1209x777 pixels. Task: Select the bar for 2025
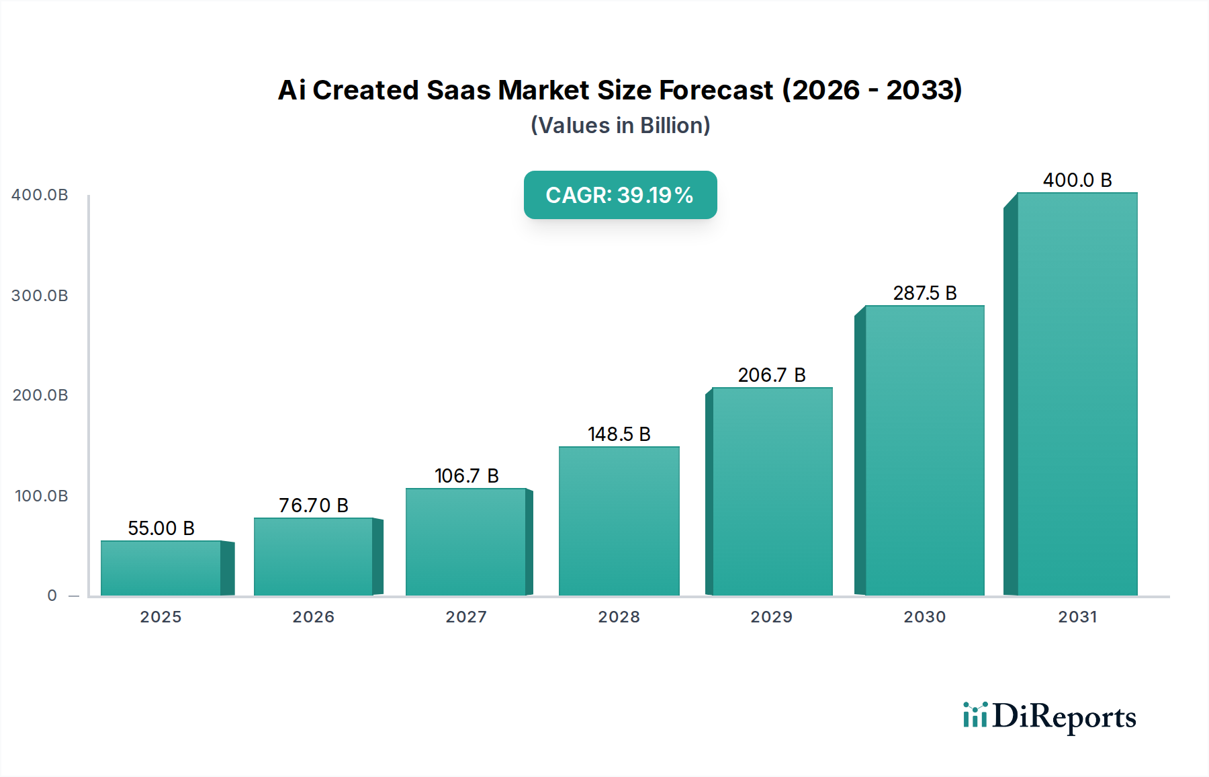[161, 568]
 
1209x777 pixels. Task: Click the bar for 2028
[619, 521]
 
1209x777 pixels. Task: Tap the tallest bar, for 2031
[1077, 394]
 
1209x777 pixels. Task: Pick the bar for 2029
[772, 491]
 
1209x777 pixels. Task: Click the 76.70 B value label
[314, 505]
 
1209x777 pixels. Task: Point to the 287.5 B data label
[924, 293]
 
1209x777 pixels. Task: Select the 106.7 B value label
[466, 476]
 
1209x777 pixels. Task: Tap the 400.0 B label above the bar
[1077, 180]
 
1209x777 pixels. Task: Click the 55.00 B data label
[161, 528]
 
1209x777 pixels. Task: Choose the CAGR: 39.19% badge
[620, 195]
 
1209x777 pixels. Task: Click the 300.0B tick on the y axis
[40, 296]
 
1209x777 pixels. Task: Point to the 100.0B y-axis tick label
[41, 496]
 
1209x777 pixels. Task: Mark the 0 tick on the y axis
[52, 596]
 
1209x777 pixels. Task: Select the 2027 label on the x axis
[466, 617]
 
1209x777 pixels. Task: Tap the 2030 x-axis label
[924, 617]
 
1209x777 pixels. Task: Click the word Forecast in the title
[716, 90]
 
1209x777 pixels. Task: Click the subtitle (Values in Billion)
[620, 126]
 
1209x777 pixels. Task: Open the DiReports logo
[1050, 717]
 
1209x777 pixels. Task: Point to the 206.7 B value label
[772, 375]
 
